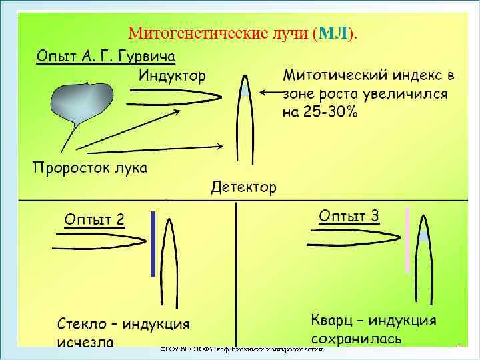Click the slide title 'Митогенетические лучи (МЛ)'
(x=243, y=33)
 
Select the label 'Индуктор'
(x=173, y=75)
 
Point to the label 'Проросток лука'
(x=90, y=167)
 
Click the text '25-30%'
(x=329, y=112)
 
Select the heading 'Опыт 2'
(x=94, y=219)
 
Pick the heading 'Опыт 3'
(x=349, y=215)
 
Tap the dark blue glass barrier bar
(x=153, y=243)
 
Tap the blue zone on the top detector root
(x=245, y=90)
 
